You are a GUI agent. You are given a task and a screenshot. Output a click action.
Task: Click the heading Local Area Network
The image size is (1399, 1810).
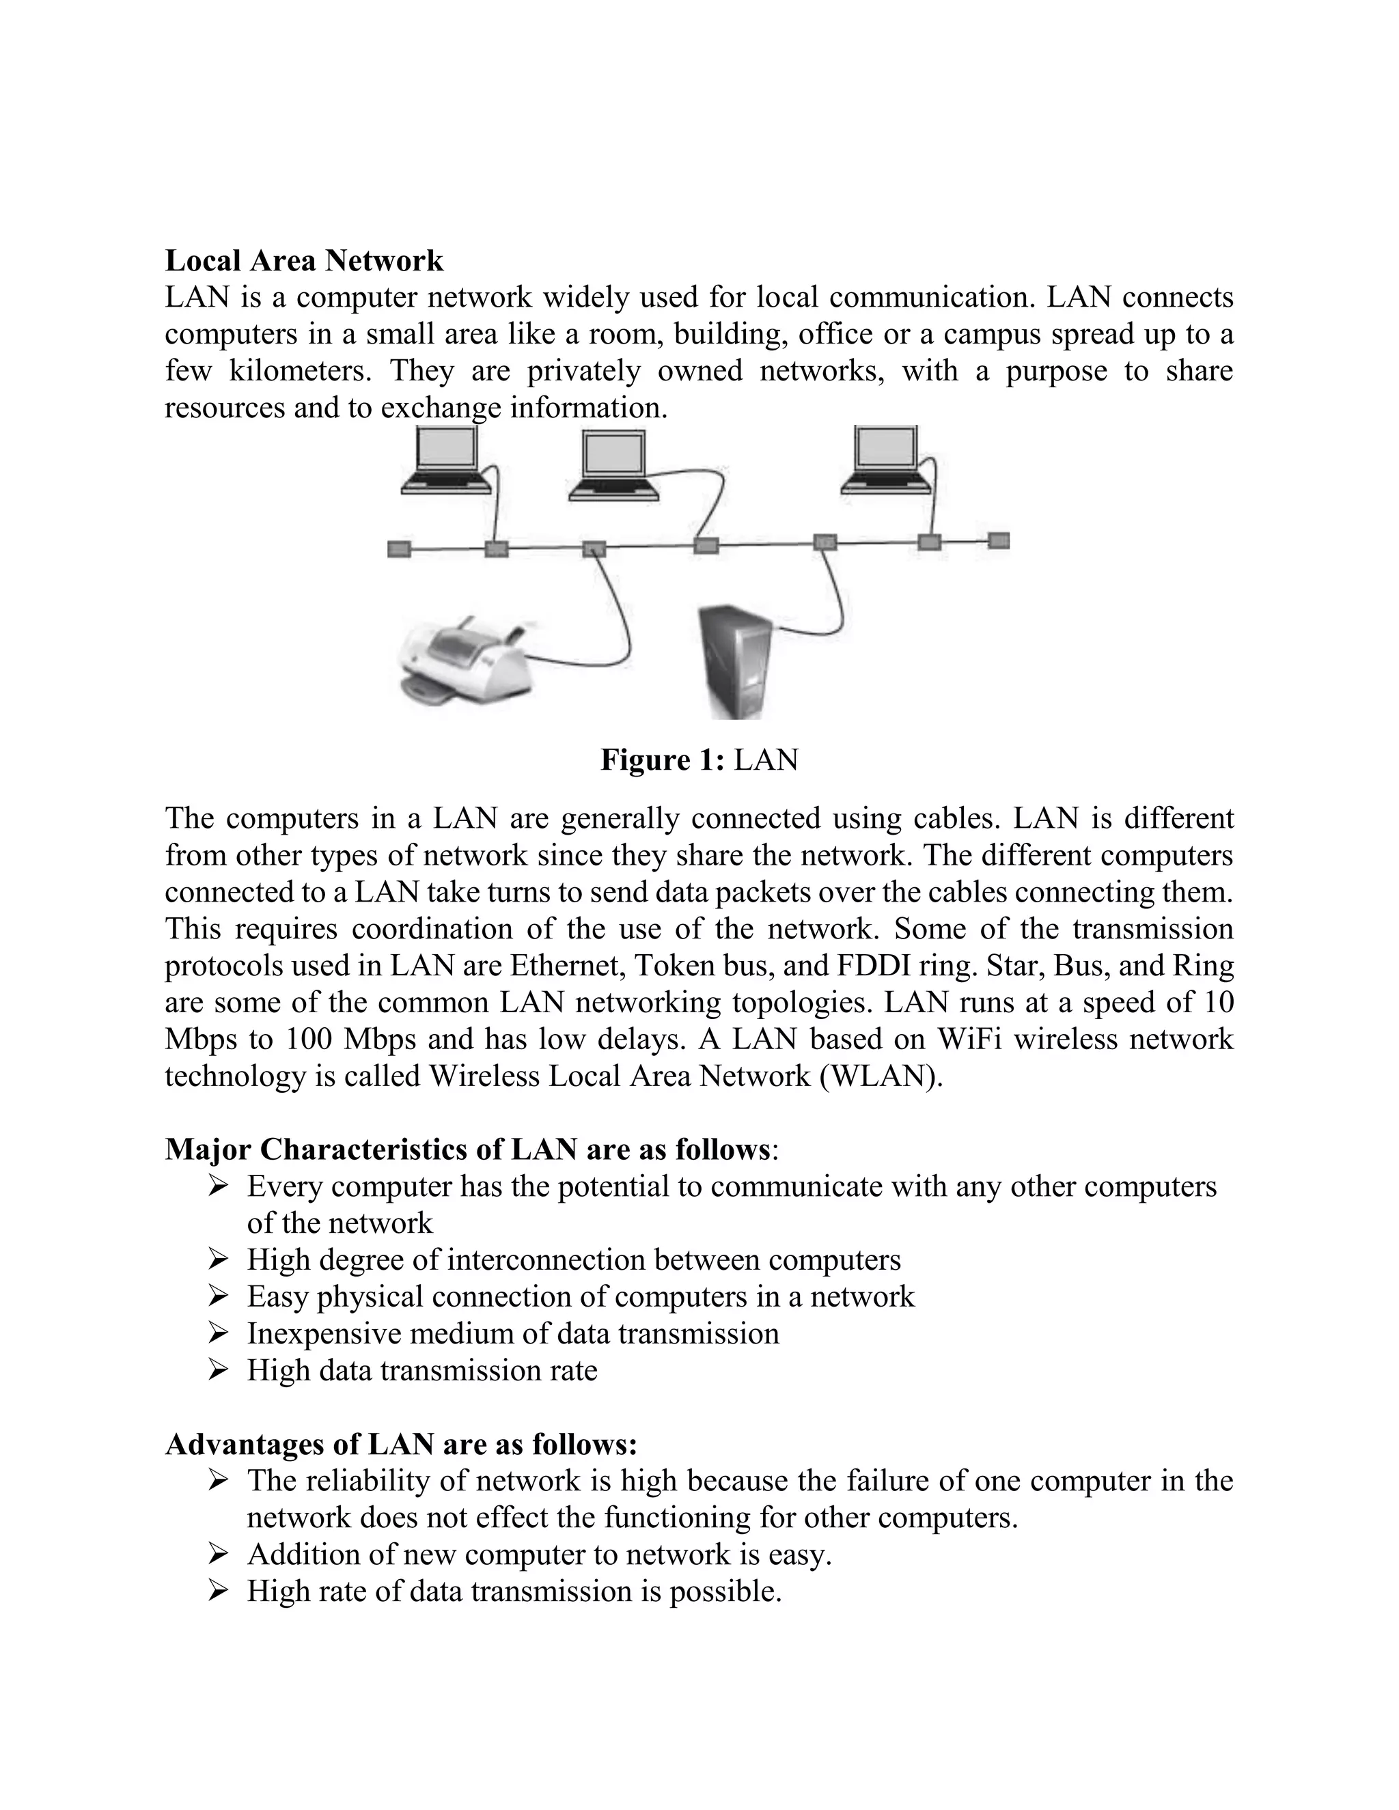click(x=303, y=260)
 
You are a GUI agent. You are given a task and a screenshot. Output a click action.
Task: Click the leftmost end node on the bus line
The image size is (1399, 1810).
click(x=399, y=548)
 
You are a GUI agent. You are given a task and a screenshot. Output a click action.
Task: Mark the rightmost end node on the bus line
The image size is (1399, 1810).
click(x=999, y=541)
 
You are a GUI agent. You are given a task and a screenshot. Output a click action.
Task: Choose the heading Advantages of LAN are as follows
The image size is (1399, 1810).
click(x=401, y=1444)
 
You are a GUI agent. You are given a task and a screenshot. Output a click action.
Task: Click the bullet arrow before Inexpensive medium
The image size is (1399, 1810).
click(x=218, y=1333)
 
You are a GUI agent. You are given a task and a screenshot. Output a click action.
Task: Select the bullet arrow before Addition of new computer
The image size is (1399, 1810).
click(x=218, y=1554)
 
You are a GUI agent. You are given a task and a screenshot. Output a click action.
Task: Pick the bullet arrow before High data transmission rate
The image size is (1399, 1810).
click(x=218, y=1371)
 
